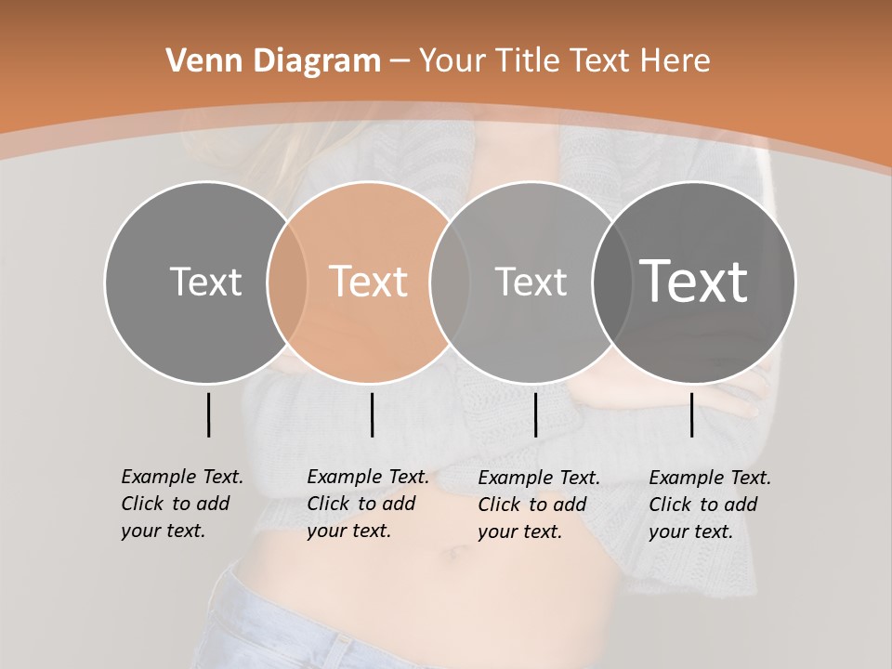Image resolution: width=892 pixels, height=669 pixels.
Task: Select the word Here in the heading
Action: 676,61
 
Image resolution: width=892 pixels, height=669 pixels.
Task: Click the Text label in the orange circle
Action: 369,282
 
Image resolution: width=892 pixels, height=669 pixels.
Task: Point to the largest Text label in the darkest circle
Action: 694,281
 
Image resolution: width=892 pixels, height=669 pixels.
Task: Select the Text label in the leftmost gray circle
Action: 205,282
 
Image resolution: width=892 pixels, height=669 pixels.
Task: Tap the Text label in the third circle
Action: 531,282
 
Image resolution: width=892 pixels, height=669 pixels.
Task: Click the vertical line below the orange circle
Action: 372,414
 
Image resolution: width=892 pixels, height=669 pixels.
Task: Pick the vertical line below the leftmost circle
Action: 208,414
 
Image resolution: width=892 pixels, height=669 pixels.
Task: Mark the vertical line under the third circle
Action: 535,414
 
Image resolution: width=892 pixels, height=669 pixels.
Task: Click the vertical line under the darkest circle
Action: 691,414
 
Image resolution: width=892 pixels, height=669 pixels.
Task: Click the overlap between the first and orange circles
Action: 287,282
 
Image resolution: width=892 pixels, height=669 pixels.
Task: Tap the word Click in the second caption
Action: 328,504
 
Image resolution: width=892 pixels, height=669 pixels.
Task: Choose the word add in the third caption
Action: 570,505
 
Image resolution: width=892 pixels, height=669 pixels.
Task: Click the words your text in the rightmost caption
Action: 690,531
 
